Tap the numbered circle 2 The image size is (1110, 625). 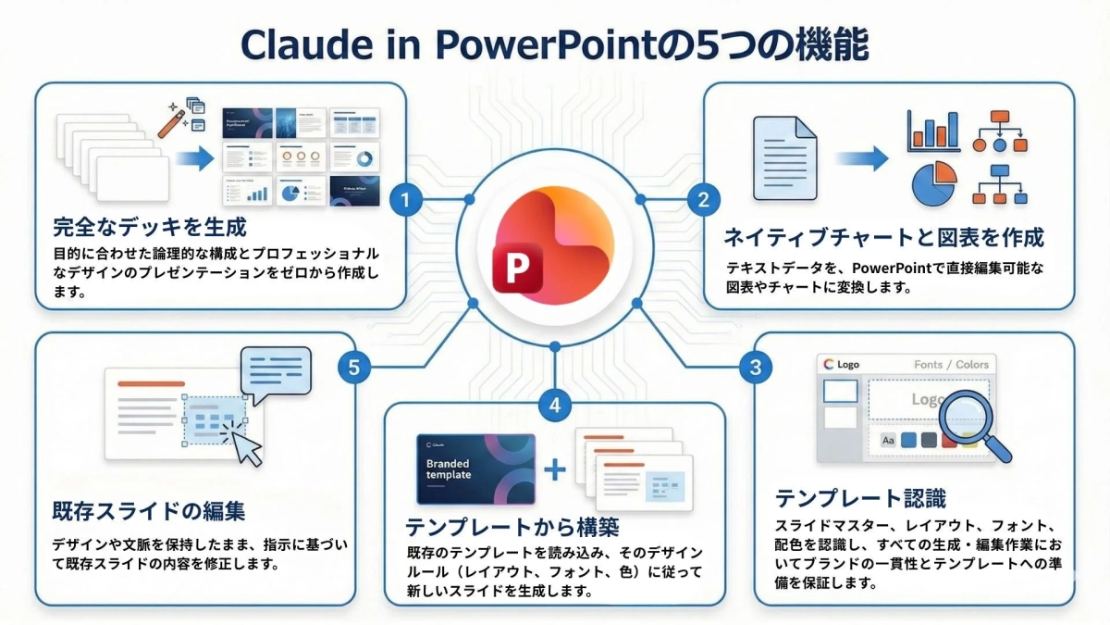703,199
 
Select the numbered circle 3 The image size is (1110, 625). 756,368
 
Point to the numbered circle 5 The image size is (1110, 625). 353,368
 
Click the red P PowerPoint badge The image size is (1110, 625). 518,269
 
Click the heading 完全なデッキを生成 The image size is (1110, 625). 150,227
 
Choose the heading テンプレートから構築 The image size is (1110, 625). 512,527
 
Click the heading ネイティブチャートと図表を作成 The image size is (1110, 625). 884,237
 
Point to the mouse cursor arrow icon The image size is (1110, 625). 247,447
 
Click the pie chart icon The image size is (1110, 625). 933,182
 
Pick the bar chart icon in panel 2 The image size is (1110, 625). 932,131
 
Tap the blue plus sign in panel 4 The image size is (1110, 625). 555,469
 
